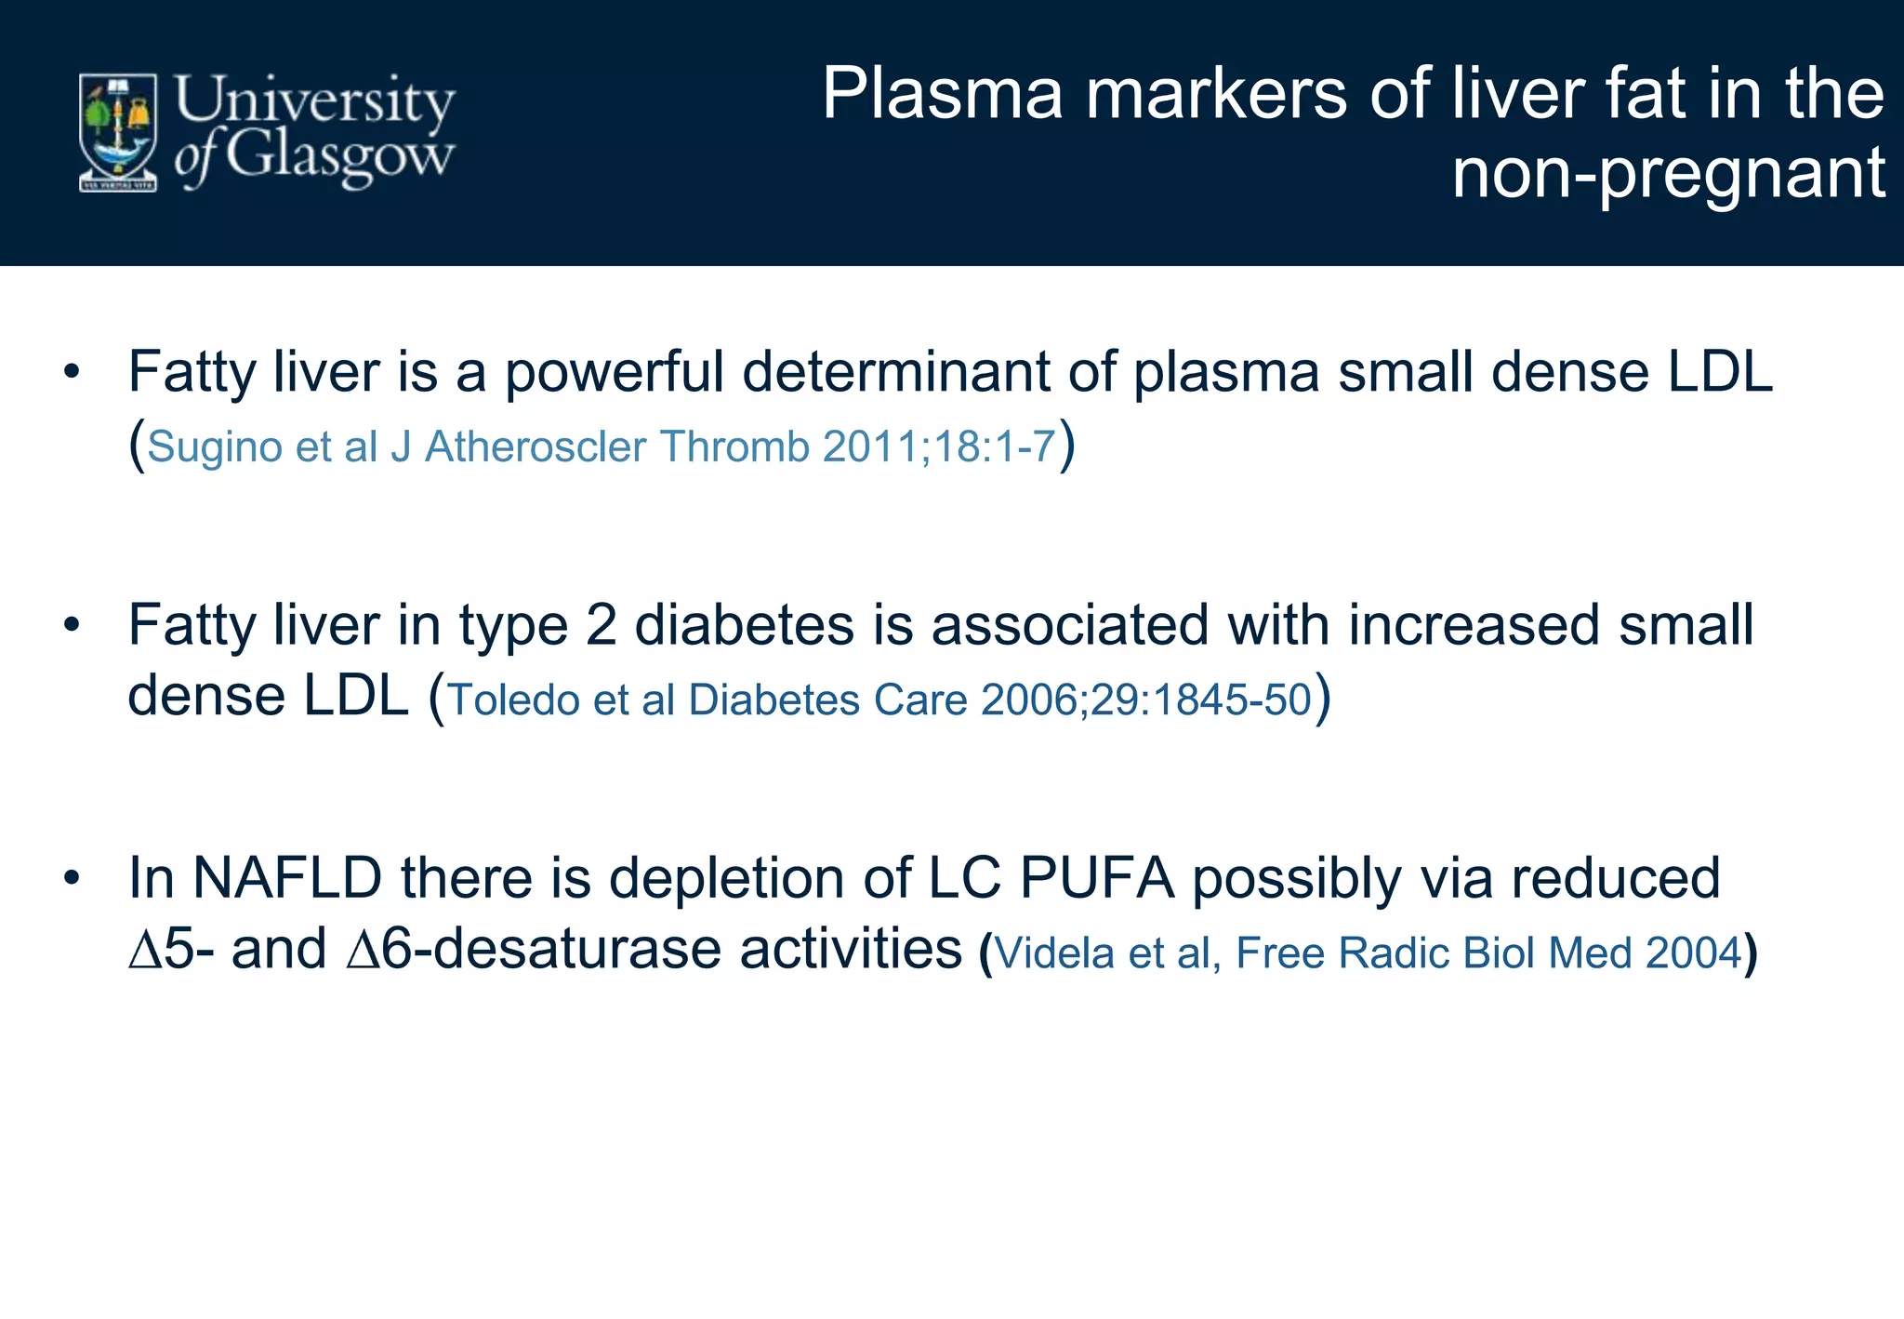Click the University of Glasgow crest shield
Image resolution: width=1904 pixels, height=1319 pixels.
(117, 132)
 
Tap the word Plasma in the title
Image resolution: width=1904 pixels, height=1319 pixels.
(942, 94)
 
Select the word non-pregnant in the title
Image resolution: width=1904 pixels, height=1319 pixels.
(1668, 173)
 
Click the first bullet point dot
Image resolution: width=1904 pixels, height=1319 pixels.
(72, 373)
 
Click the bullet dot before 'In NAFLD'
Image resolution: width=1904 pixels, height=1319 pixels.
(72, 878)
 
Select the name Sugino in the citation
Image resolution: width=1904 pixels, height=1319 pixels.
(214, 446)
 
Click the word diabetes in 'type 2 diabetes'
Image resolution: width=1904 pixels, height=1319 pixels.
(744, 625)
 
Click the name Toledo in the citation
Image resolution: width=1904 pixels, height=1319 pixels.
(513, 699)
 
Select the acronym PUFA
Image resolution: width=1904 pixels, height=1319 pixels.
(1097, 878)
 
